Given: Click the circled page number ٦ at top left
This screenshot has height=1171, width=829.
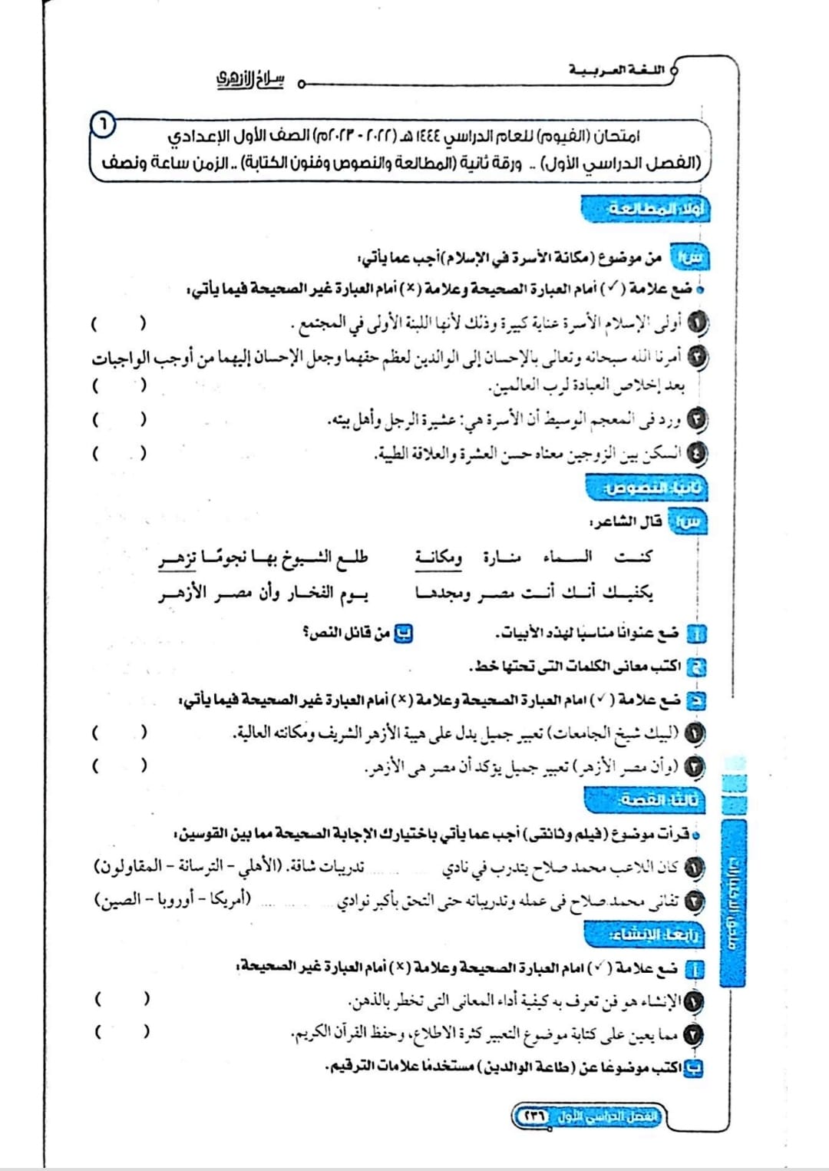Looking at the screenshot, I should (104, 124).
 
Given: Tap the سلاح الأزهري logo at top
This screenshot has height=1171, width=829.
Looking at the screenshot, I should (249, 79).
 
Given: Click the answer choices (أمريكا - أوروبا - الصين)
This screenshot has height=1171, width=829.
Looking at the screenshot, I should (173, 899).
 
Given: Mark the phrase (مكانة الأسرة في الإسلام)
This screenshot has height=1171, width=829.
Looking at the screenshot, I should (521, 258).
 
